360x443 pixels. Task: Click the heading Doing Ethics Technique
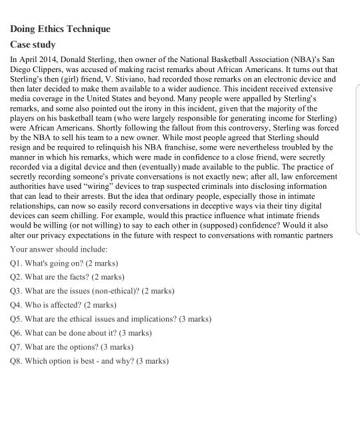click(60, 29)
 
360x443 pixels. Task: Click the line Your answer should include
click(59, 249)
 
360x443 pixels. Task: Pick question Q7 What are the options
click(72, 347)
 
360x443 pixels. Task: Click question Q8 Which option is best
click(90, 361)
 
